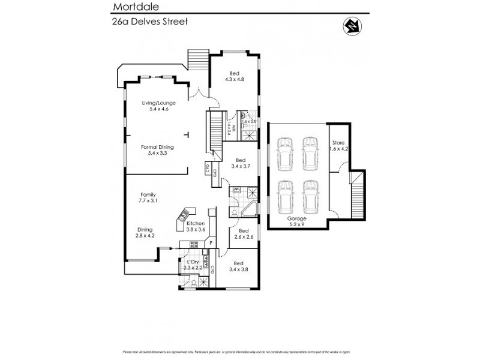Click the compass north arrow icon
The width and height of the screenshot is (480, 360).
[x=351, y=26]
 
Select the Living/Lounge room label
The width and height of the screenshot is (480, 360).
[x=158, y=106]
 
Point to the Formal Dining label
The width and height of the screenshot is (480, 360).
[x=158, y=149]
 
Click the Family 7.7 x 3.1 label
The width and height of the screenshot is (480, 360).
[x=148, y=198]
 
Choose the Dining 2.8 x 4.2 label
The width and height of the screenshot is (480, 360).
[x=145, y=233]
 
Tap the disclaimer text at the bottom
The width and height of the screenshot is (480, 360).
[x=240, y=352]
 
